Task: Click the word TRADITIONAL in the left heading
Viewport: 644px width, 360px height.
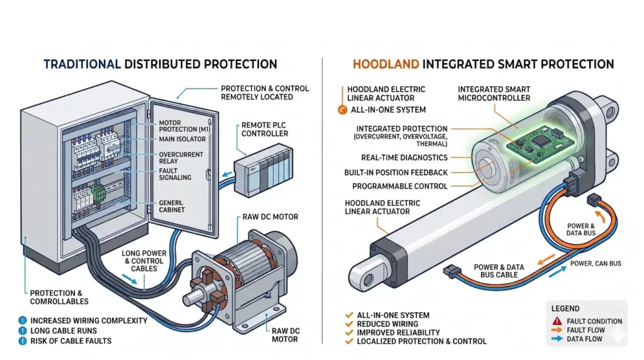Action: coord(81,64)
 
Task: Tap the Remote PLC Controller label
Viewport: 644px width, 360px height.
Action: coord(265,130)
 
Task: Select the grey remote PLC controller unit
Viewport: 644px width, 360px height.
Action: coord(264,171)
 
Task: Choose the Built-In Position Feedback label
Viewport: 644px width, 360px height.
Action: coord(396,172)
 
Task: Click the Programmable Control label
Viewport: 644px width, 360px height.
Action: coord(400,186)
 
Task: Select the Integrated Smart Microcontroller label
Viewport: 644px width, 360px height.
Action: coord(494,94)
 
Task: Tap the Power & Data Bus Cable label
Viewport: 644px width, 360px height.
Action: coord(498,271)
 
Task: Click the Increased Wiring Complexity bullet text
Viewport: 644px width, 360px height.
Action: coord(89,321)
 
